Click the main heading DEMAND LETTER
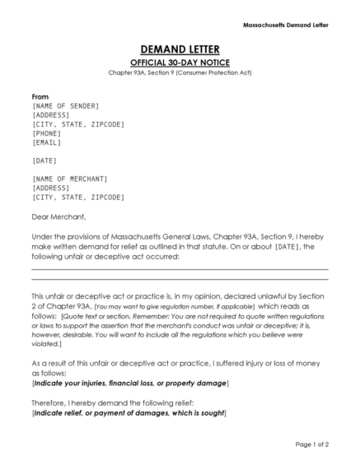pyautogui.click(x=180, y=50)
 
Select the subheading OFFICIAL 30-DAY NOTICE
pyautogui.click(x=180, y=63)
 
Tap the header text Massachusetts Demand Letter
pyautogui.click(x=286, y=25)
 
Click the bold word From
pyautogui.click(x=40, y=96)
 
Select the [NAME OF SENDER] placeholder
pyautogui.click(x=65, y=106)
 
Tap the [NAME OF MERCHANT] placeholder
pyautogui.click(x=70, y=179)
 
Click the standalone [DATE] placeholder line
pyautogui.click(x=45, y=160)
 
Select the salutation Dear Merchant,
pyautogui.click(x=58, y=216)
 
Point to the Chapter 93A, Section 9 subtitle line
pyautogui.click(x=180, y=73)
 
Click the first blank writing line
pyautogui.click(x=180, y=269)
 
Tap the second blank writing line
pyautogui.click(x=180, y=282)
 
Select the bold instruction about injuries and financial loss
pyautogui.click(x=130, y=384)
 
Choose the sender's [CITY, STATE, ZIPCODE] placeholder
pyautogui.click(x=77, y=123)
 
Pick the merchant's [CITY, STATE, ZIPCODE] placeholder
pyautogui.click(x=77, y=197)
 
